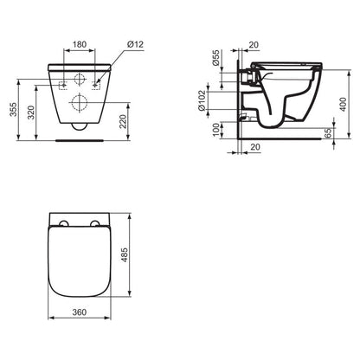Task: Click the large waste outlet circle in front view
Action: pyautogui.click(x=79, y=104)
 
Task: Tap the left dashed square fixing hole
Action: pyautogui.click(x=63, y=85)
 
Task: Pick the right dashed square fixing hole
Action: pyautogui.click(x=94, y=85)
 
